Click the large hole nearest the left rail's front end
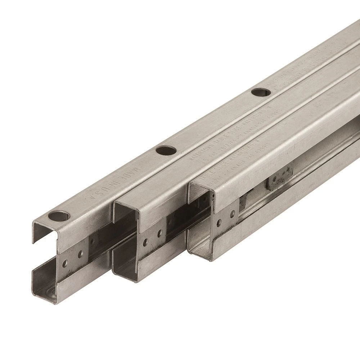(x=59, y=216)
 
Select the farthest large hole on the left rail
(x=261, y=92)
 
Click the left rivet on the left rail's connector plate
(x=65, y=264)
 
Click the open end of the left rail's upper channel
(x=45, y=234)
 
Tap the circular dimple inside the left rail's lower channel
(x=50, y=290)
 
